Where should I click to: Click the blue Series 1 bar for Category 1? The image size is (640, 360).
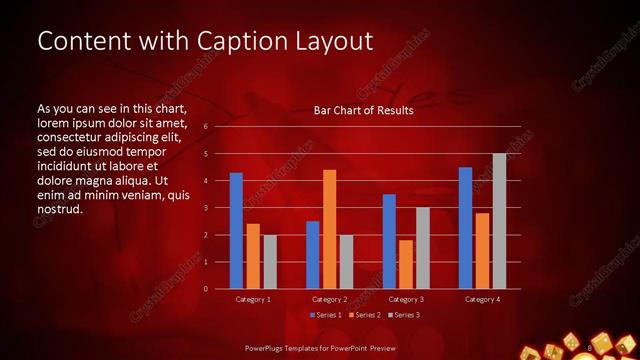coord(236,231)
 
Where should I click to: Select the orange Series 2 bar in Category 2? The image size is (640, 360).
coord(329,229)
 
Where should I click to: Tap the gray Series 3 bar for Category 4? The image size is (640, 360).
coord(499,221)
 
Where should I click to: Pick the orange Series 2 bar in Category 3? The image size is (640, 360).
coord(406,264)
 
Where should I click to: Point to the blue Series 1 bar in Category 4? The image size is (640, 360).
coord(465,228)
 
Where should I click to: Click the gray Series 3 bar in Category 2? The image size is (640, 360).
coord(346,262)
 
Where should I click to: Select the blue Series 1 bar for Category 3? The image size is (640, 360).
coord(389,241)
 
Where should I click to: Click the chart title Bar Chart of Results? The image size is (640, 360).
coord(364,110)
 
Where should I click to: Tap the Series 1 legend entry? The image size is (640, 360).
coord(327,315)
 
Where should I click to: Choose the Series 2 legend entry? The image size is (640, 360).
coord(365,315)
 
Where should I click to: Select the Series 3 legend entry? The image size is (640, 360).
coord(404,315)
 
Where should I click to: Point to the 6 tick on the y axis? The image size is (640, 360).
coord(204,127)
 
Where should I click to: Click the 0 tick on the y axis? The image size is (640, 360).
coord(204,289)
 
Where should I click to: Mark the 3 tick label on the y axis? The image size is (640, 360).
coord(204,208)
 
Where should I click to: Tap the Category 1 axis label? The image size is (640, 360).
coord(253,299)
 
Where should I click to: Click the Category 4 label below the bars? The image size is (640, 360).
coord(482,299)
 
